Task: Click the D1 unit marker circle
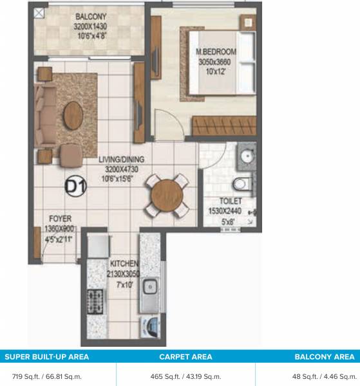(76, 187)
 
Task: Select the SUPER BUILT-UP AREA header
(47, 355)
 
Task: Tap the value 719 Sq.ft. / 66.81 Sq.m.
(47, 374)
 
